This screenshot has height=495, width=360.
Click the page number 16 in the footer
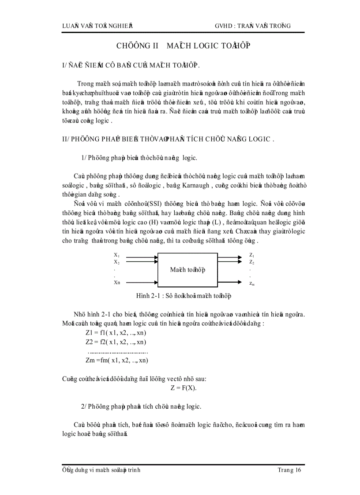pos(297,470)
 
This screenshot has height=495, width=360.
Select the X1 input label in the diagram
pos(117,255)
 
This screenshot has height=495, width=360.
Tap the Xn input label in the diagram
pos(117,283)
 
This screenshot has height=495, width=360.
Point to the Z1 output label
pos(251,255)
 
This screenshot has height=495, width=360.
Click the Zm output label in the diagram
pos(251,283)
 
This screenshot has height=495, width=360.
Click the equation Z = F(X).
pos(184,388)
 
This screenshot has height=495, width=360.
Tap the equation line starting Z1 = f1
pos(116,333)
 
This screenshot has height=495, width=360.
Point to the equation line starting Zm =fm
pos(117,360)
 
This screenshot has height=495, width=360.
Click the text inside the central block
pos(187,269)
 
